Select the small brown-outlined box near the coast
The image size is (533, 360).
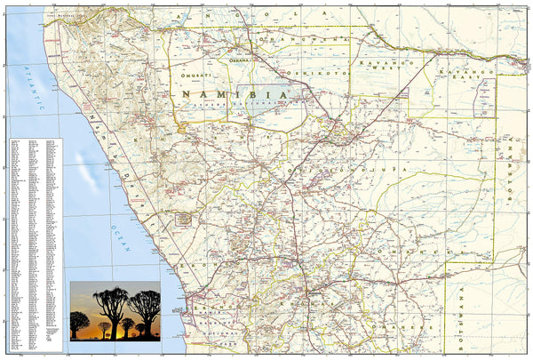click(184, 218)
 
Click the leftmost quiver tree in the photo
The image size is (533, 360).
click(79, 320)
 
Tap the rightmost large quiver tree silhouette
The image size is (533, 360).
click(144, 307)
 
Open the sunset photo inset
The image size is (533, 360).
click(115, 310)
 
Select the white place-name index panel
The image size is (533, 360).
click(36, 240)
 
